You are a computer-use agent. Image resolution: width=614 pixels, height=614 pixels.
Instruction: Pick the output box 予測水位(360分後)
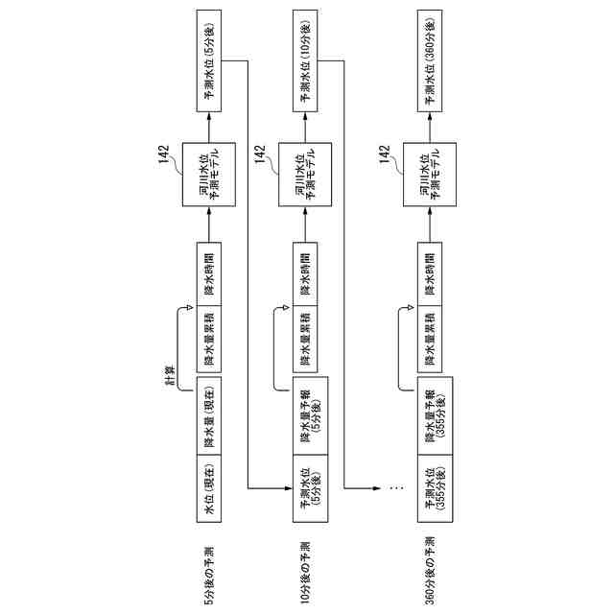click(430, 59)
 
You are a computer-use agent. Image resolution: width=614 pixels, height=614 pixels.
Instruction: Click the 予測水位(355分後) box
click(437, 489)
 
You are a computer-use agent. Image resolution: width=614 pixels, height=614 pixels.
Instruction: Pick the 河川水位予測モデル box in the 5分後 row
click(209, 172)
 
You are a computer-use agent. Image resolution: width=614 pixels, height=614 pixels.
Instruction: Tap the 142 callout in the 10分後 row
click(259, 153)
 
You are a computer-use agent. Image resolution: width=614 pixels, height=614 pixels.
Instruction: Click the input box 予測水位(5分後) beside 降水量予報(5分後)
click(309, 489)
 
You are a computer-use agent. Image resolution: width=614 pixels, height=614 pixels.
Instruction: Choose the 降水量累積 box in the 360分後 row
click(430, 340)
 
